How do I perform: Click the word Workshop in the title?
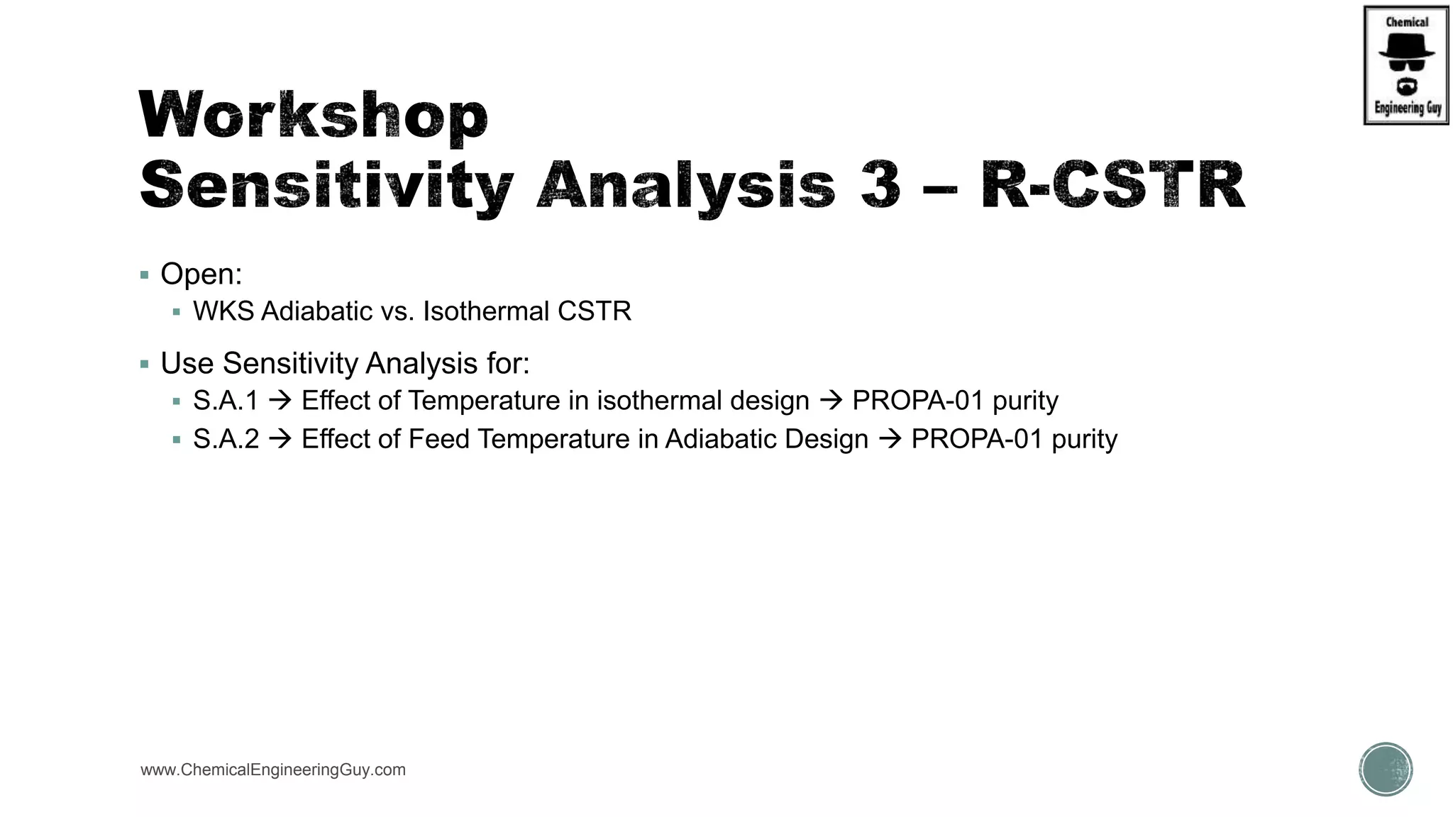point(313,115)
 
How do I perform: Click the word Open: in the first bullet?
point(201,274)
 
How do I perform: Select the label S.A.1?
point(226,401)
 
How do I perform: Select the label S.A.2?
point(226,439)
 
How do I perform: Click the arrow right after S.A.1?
point(280,401)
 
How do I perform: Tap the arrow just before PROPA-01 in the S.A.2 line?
point(890,439)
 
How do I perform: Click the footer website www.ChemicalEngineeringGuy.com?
point(273,770)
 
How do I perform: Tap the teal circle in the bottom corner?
point(1386,769)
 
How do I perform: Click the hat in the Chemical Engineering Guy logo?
point(1406,47)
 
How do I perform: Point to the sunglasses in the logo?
point(1406,65)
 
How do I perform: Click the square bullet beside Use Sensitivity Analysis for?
point(145,365)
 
